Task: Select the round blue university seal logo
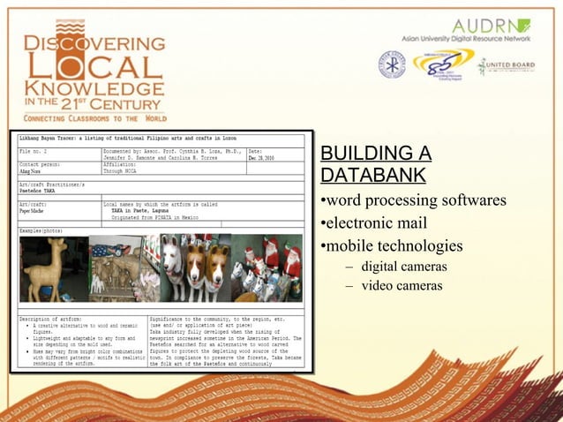(392, 64)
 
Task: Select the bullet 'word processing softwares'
(412, 200)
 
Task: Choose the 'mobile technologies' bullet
(391, 245)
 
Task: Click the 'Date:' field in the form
(258, 151)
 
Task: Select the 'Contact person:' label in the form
(41, 164)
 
